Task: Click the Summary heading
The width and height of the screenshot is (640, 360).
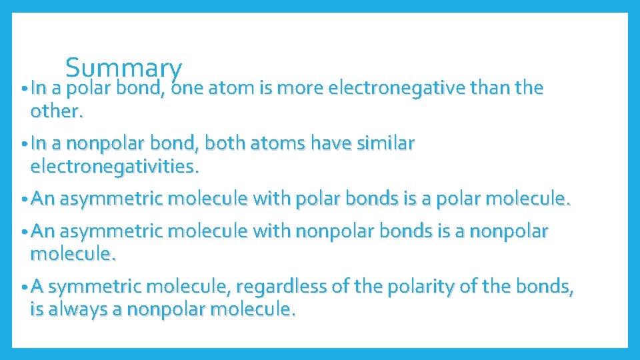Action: coord(123,68)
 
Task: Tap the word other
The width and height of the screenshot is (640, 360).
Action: coord(57,111)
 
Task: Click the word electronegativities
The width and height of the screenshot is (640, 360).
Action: coord(115,166)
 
